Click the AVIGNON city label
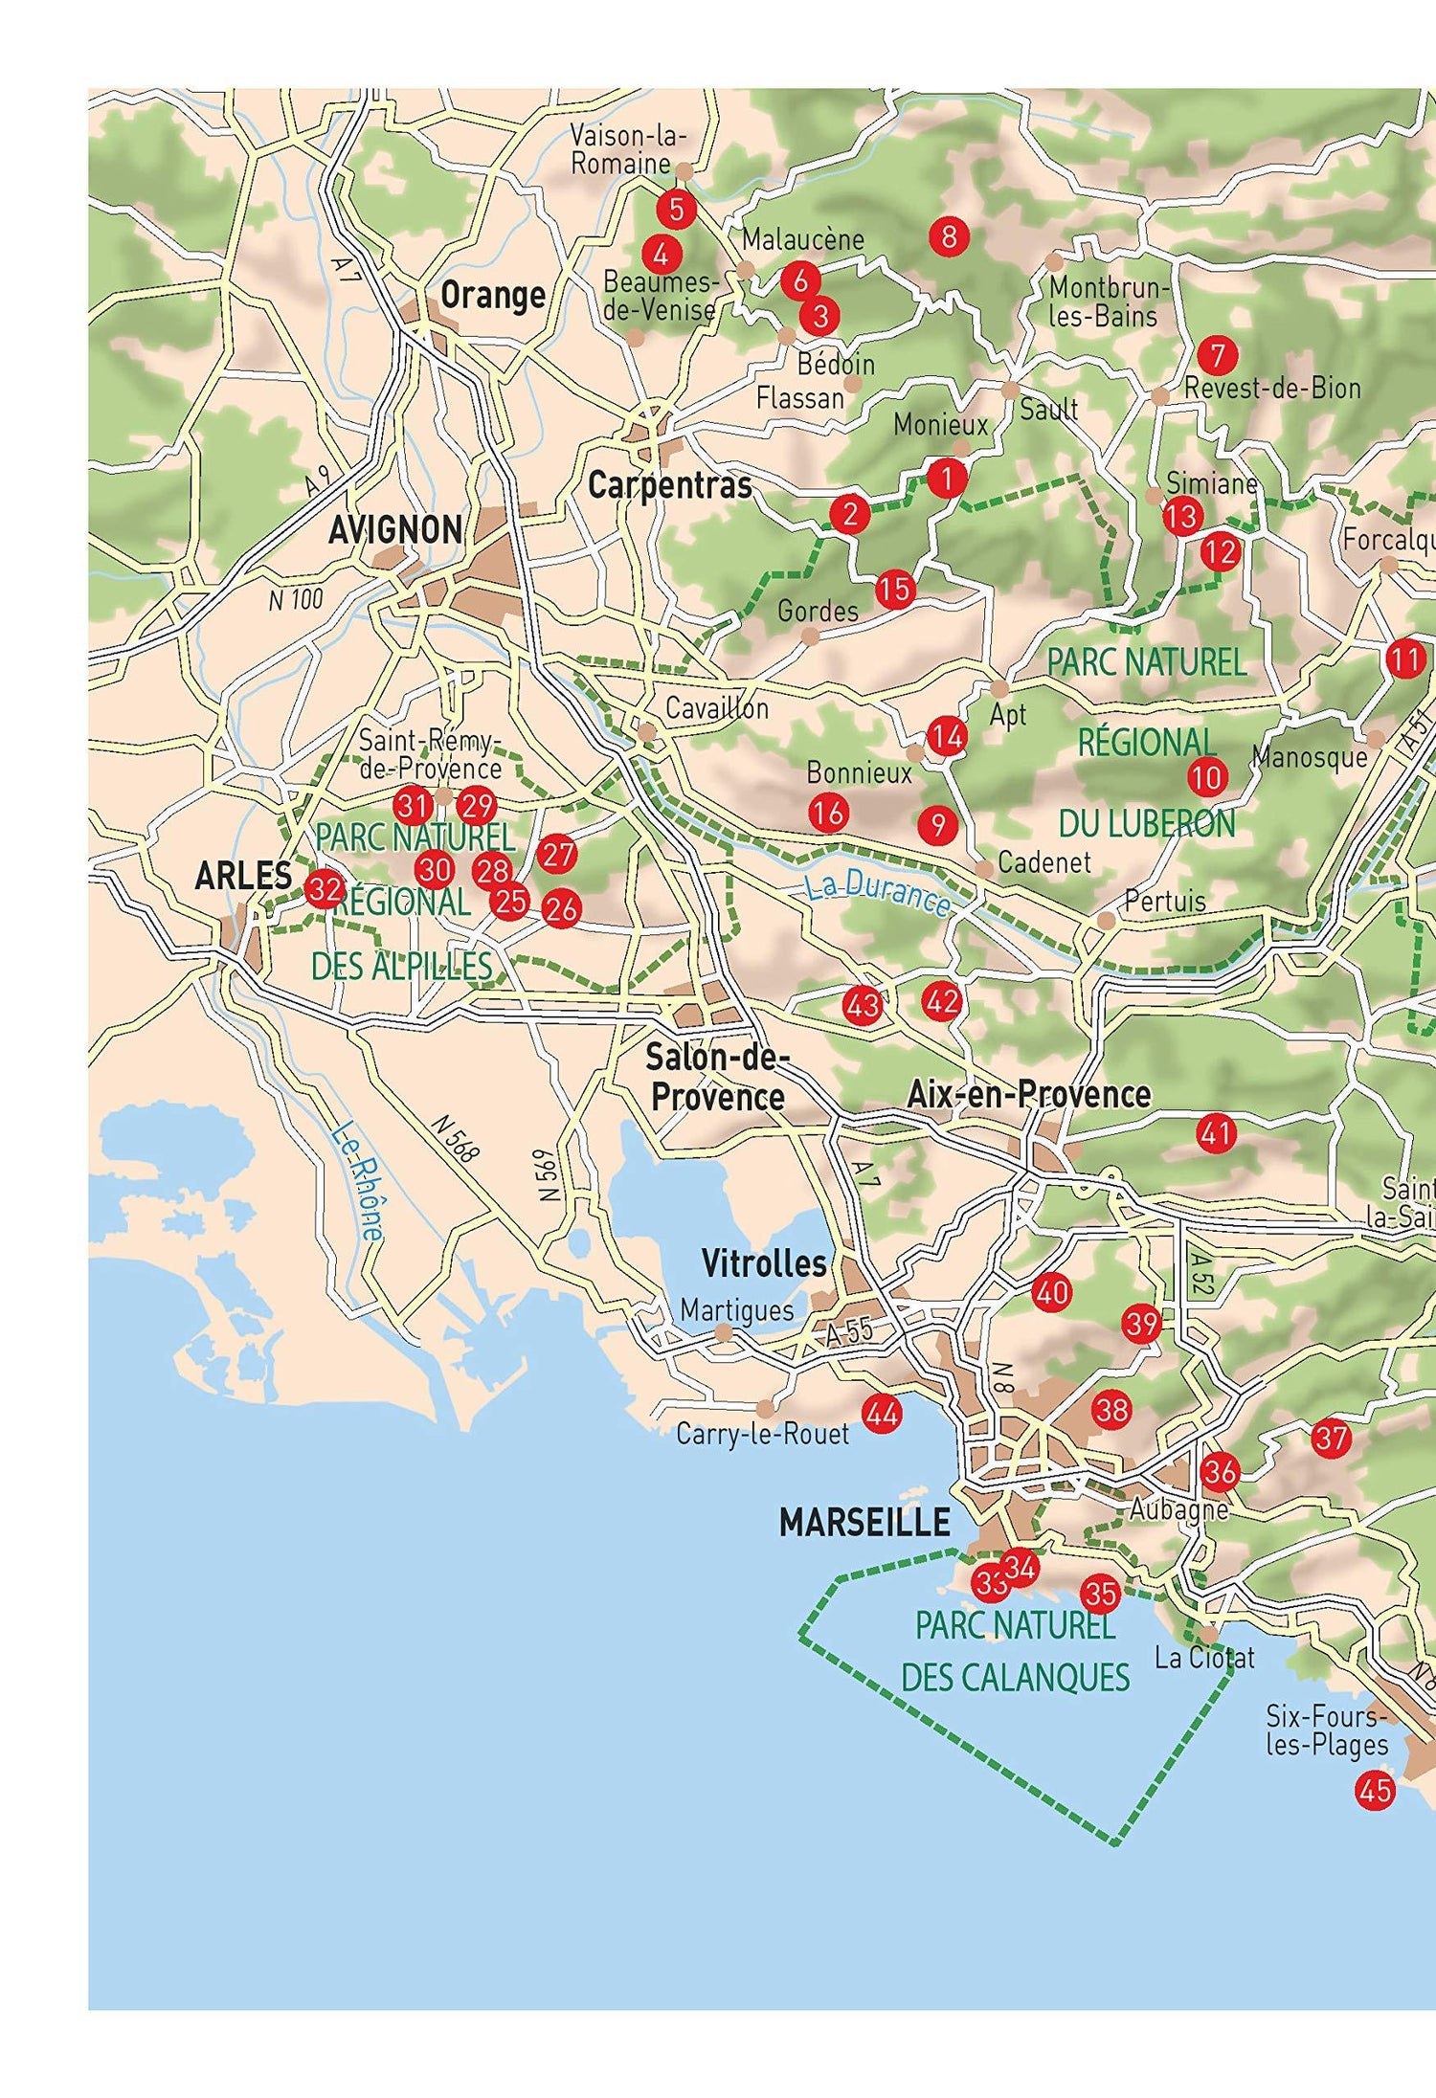(x=394, y=529)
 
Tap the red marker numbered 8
(x=949, y=235)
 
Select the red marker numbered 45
(x=1375, y=1789)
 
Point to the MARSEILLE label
(x=864, y=1522)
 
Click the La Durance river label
(x=877, y=894)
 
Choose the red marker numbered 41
(x=1216, y=1134)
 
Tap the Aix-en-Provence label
(x=1028, y=1094)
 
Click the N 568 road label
(x=454, y=1138)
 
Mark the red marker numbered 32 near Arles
(x=325, y=890)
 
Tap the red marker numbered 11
(x=1404, y=658)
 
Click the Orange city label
(x=492, y=295)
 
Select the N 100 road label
(x=296, y=600)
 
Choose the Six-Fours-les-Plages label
(x=1326, y=1730)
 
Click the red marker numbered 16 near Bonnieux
(x=828, y=813)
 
